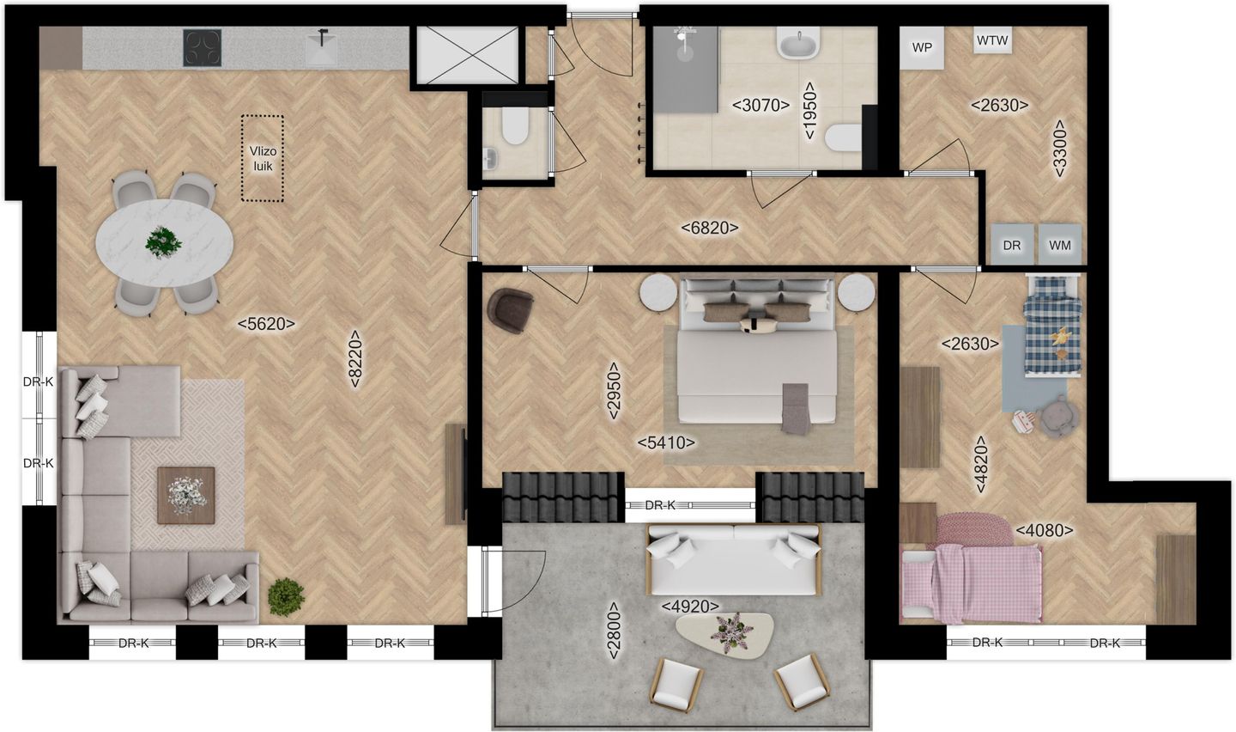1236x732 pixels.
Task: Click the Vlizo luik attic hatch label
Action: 262,158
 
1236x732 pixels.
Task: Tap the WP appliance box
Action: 921,48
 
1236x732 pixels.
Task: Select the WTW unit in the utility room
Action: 993,40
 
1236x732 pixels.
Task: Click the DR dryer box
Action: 1012,245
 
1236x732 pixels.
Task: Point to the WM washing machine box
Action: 1060,245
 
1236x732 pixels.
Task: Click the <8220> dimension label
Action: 355,360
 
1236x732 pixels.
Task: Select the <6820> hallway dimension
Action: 709,228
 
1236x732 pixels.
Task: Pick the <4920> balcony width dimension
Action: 690,607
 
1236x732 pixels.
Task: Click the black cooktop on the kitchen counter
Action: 202,47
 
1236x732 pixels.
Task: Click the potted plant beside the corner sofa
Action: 285,595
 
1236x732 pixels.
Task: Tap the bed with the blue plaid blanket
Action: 1055,325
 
